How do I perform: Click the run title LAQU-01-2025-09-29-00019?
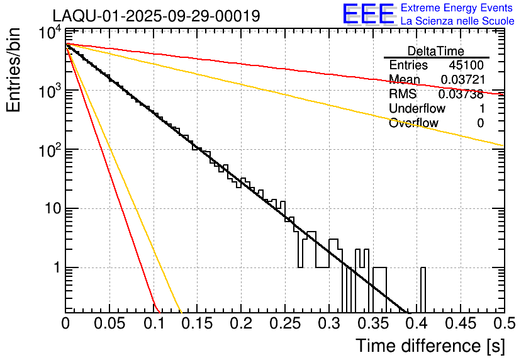pos(155,16)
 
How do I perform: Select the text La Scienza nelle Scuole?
pos(457,21)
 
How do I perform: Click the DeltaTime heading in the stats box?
pos(436,51)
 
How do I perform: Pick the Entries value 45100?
pos(466,65)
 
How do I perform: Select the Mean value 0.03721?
pos(462,80)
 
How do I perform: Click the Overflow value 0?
pos(480,123)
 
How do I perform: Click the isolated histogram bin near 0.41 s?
pos(423,290)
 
